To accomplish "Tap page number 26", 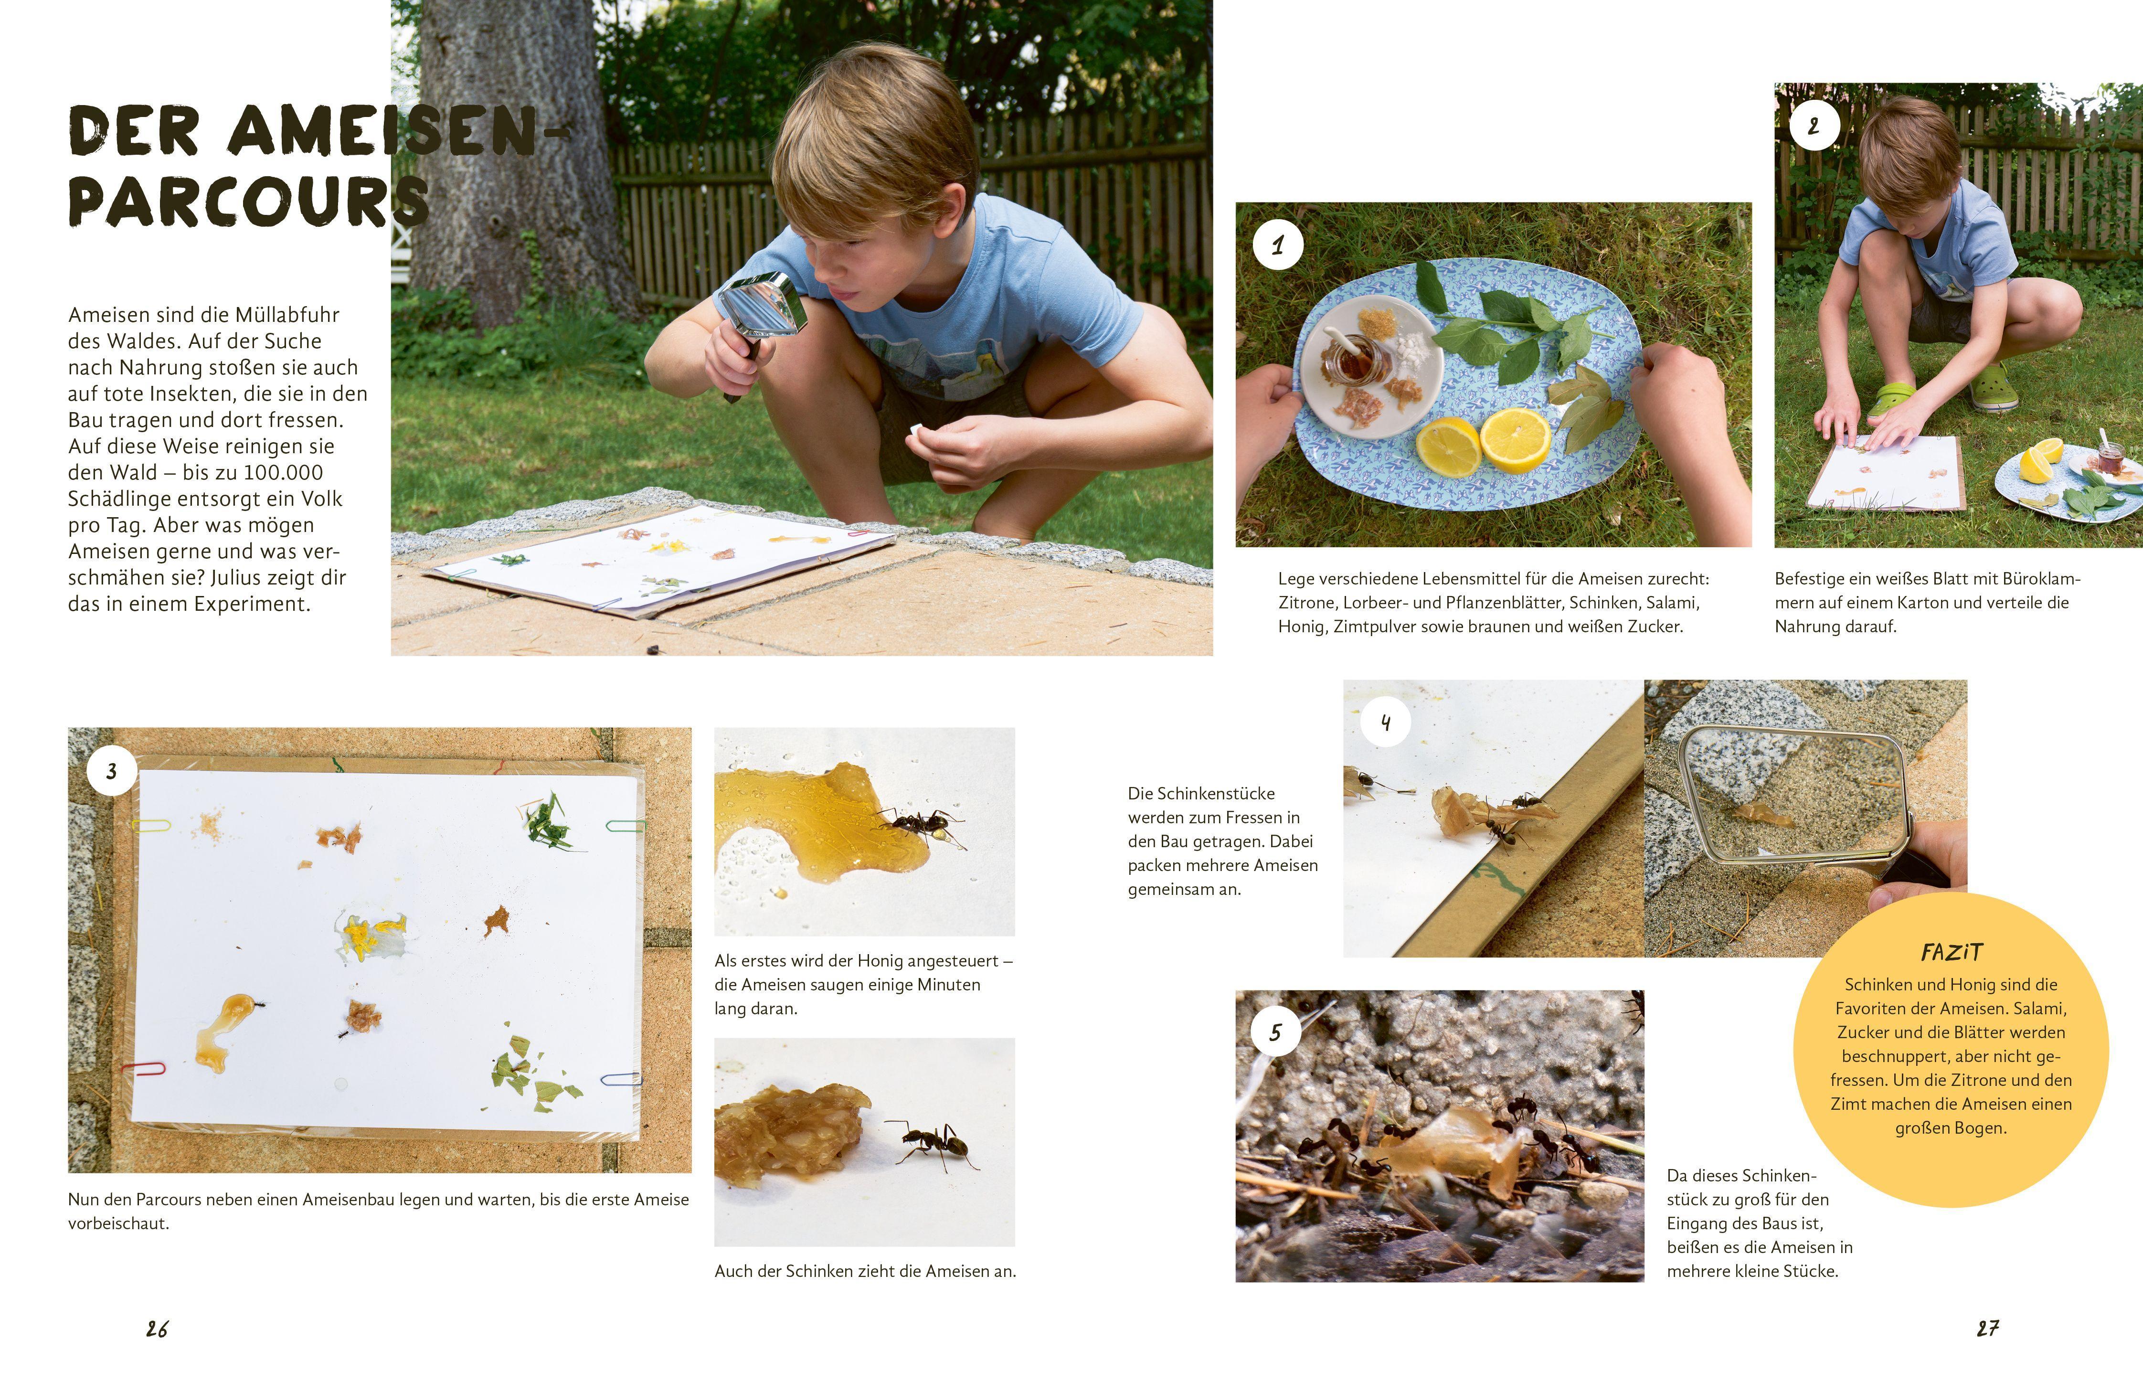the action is coord(157,1329).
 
